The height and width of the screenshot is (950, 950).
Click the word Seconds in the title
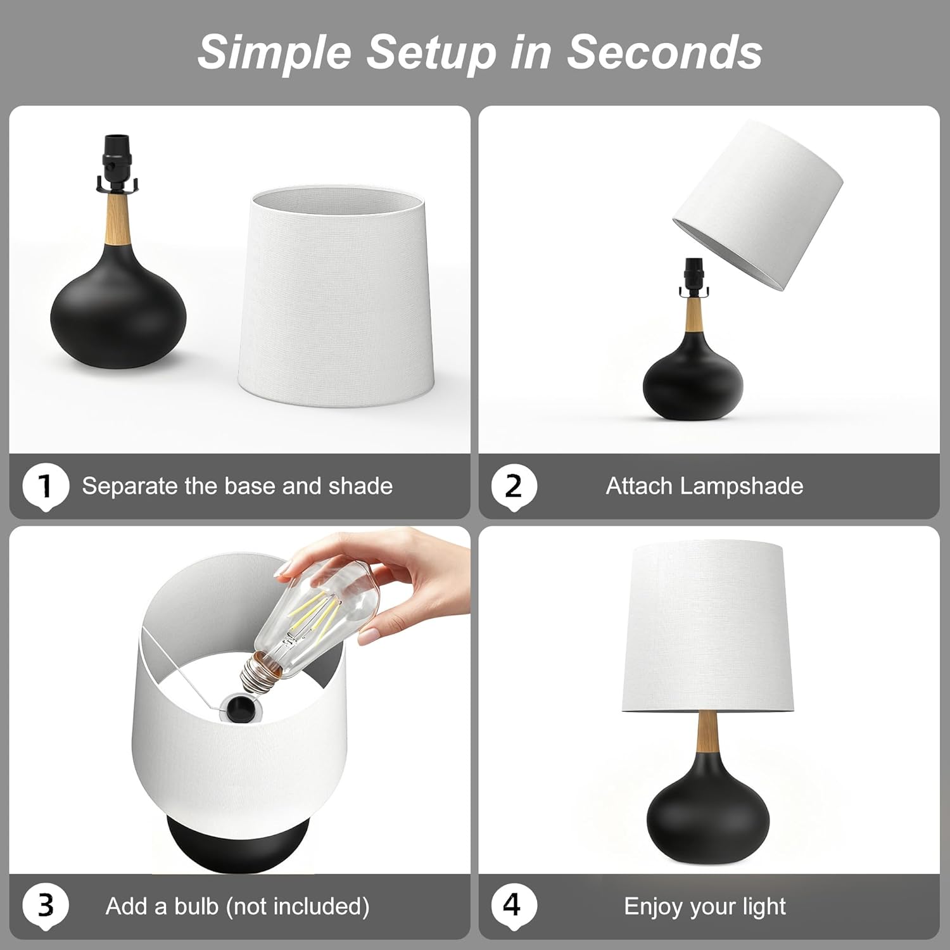664,51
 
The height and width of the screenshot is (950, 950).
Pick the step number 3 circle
46,906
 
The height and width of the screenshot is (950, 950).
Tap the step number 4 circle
514,906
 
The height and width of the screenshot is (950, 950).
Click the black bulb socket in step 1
116,163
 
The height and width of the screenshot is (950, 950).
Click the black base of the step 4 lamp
708,812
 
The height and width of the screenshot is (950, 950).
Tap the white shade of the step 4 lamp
708,626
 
